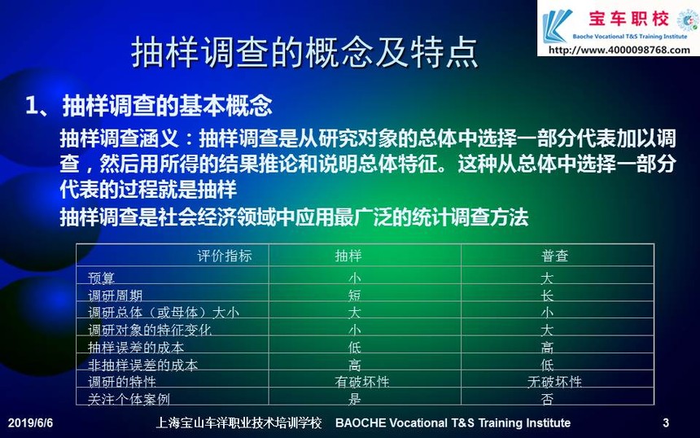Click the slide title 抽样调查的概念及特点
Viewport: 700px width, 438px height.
click(304, 52)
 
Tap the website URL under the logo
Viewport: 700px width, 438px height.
click(619, 50)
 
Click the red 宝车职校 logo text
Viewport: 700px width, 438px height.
click(628, 19)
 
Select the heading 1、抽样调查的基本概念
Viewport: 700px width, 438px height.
click(149, 106)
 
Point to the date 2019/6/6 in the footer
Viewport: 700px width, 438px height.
click(30, 423)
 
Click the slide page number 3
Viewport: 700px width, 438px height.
click(666, 423)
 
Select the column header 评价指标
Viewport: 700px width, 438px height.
click(225, 256)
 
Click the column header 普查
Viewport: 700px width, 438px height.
click(554, 256)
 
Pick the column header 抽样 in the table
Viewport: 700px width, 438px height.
click(348, 256)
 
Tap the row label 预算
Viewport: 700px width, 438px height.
click(102, 278)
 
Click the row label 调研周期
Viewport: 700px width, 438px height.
click(116, 296)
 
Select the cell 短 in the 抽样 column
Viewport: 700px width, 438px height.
click(354, 296)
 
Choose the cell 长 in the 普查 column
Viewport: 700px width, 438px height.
click(547, 296)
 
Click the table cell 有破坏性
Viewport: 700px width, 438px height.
click(362, 382)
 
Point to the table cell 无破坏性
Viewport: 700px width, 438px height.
click(554, 382)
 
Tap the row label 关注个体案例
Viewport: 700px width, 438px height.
click(129, 399)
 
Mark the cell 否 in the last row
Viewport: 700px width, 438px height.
click(547, 399)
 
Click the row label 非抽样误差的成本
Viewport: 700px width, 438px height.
click(143, 365)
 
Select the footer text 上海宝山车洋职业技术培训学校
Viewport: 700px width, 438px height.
click(238, 423)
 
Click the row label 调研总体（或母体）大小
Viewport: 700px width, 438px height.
click(164, 313)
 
